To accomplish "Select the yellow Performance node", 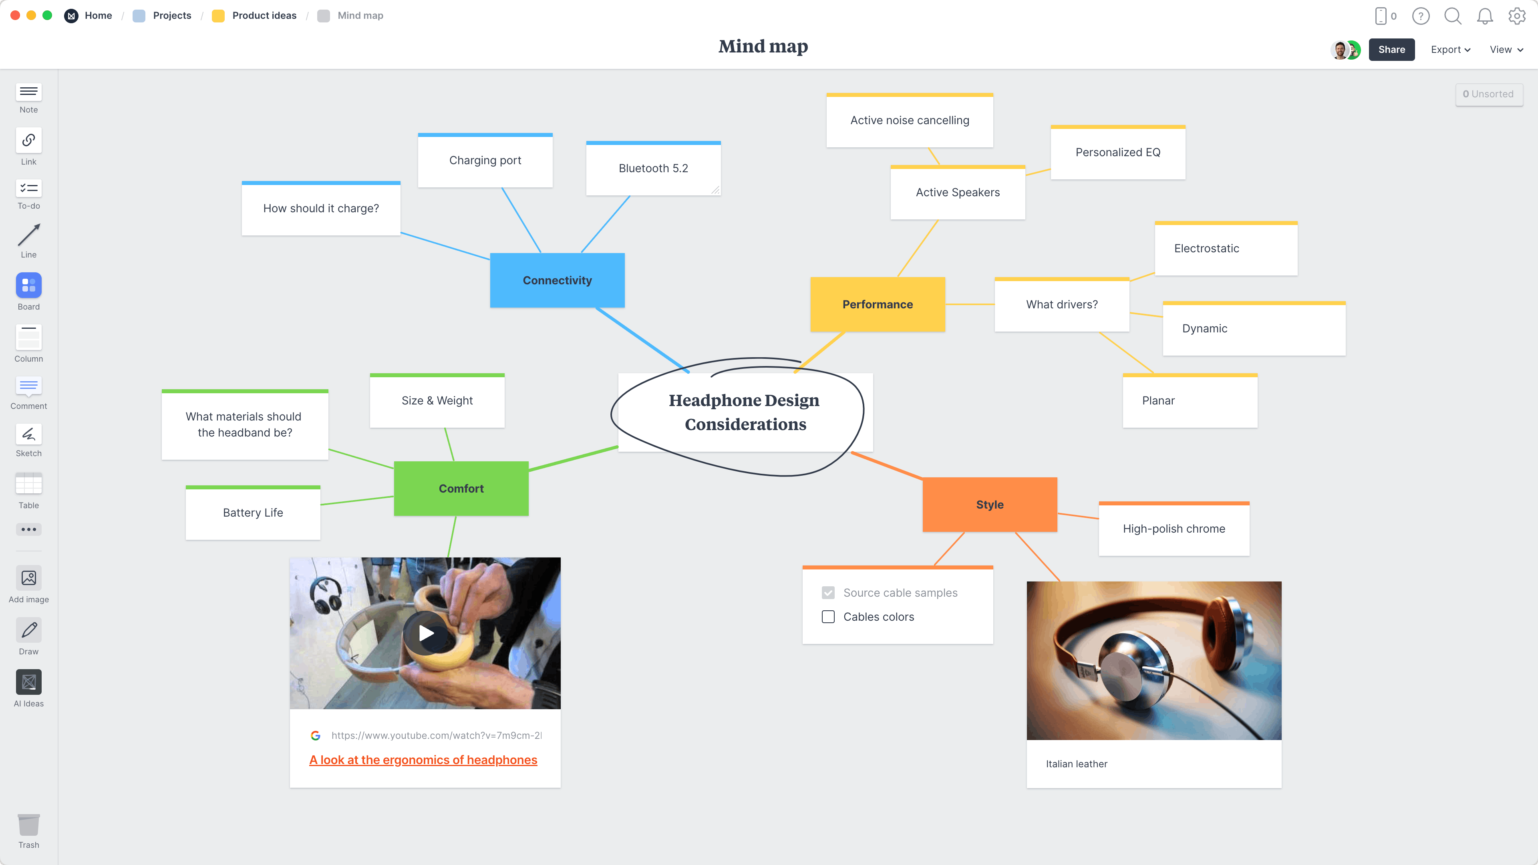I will click(x=877, y=304).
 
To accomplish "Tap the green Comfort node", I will click(x=461, y=488).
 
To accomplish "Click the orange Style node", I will click(x=989, y=505).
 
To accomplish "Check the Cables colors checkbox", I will click(x=828, y=617).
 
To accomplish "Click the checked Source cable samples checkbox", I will click(x=828, y=593).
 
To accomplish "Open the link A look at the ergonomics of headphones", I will click(x=423, y=760).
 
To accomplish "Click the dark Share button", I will click(x=1391, y=50).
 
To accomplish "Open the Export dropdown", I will click(x=1449, y=50).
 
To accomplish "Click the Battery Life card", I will click(x=253, y=513).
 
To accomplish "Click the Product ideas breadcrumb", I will click(x=264, y=16).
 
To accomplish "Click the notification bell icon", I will click(x=1484, y=16).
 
